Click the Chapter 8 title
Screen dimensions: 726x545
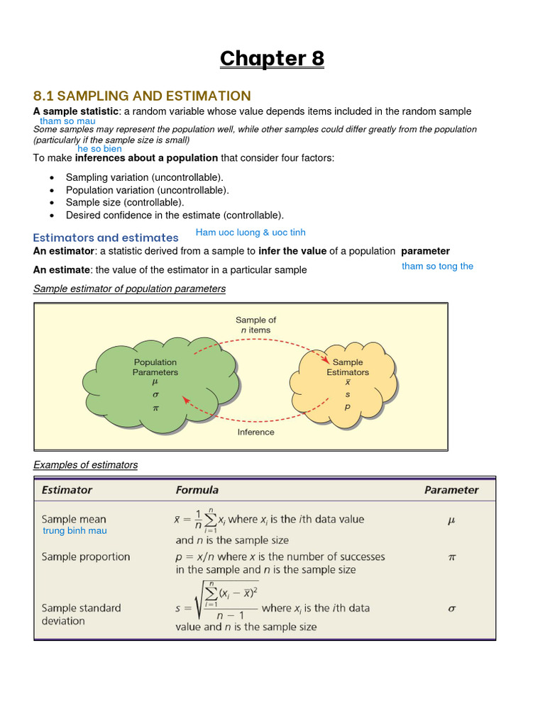(272, 58)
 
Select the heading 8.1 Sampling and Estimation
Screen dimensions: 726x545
(142, 96)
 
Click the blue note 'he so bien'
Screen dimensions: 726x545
(99, 149)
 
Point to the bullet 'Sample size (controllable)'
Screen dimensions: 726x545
(124, 203)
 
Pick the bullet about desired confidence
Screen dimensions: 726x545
(175, 216)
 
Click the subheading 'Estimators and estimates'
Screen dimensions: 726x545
(106, 238)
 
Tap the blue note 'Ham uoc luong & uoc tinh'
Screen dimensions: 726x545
(251, 233)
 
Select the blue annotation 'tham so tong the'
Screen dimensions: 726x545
(437, 266)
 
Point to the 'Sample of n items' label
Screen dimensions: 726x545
(255, 325)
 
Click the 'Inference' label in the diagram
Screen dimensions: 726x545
(255, 432)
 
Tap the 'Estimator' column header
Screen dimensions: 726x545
(67, 490)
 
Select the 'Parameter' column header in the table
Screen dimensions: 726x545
(451, 490)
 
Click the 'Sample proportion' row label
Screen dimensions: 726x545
(86, 557)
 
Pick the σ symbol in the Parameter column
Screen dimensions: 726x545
(451, 608)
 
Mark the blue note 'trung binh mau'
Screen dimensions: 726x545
(75, 530)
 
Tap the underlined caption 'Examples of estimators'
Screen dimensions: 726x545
(86, 465)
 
